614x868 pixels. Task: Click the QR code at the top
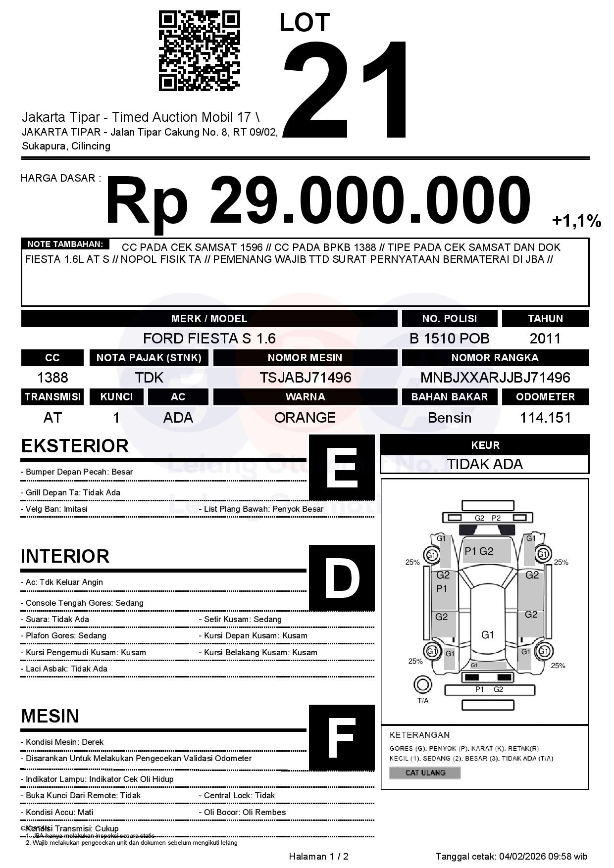[x=199, y=51]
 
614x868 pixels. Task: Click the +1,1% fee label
[x=576, y=221]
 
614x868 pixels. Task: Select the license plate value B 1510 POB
[x=449, y=338]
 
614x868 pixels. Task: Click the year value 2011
[x=545, y=338]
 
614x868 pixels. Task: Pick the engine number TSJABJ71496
[x=305, y=378]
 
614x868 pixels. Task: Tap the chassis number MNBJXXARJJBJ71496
[x=495, y=378]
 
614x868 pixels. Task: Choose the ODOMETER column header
[x=545, y=397]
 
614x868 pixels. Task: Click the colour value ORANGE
[x=305, y=418]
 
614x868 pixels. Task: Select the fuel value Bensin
[x=449, y=418]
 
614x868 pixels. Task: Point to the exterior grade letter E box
[x=342, y=468]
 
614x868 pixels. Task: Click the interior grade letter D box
[x=342, y=578]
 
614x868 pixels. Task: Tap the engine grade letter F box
[x=342, y=738]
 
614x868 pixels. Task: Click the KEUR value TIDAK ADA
[x=485, y=464]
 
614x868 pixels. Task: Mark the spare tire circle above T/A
[x=422, y=685]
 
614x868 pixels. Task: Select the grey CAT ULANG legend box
[x=425, y=772]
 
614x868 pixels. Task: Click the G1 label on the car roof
[x=488, y=634]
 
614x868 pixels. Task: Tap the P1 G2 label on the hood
[x=479, y=551]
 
